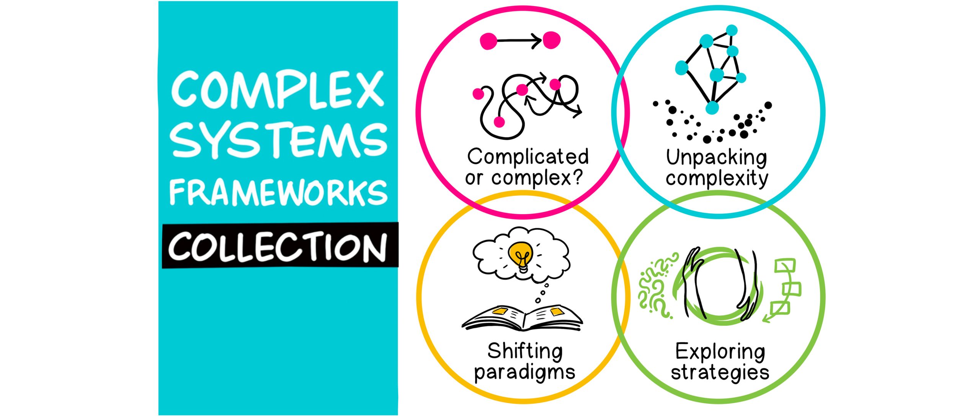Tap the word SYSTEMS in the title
tap(279, 140)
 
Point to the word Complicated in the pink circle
tap(528, 157)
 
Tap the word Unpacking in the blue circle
tap(716, 158)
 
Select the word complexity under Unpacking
tap(717, 179)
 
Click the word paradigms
tap(524, 372)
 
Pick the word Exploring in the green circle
tap(720, 352)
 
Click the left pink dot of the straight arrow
tap(488, 41)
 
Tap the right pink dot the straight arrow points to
tap(552, 41)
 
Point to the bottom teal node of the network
tap(712, 107)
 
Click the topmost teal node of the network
tap(732, 30)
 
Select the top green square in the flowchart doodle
tap(785, 265)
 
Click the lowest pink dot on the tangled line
tap(499, 122)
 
